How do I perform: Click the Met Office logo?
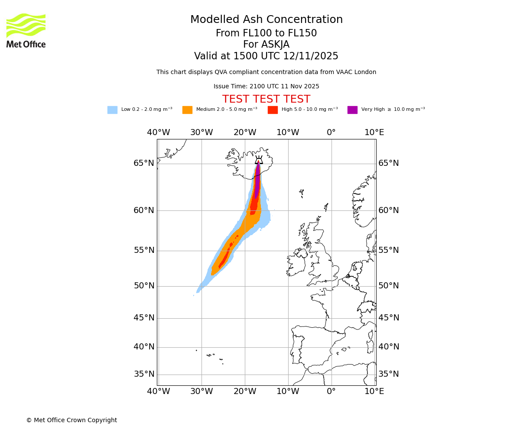(26, 30)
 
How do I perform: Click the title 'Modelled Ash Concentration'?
(266, 20)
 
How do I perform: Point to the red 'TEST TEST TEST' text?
(266, 99)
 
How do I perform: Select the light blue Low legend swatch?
(112, 110)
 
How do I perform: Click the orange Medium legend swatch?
(187, 110)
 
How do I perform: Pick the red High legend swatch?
(273, 110)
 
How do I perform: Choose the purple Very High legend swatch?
(352, 110)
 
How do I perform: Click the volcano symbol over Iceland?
(259, 160)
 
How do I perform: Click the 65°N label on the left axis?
(144, 163)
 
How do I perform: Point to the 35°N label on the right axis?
(389, 374)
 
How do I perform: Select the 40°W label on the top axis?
(158, 132)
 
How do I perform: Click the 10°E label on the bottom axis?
(374, 392)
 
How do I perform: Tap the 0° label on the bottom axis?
(331, 392)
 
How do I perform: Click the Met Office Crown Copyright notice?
(71, 420)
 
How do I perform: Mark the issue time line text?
(266, 87)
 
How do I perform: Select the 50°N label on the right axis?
(389, 286)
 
